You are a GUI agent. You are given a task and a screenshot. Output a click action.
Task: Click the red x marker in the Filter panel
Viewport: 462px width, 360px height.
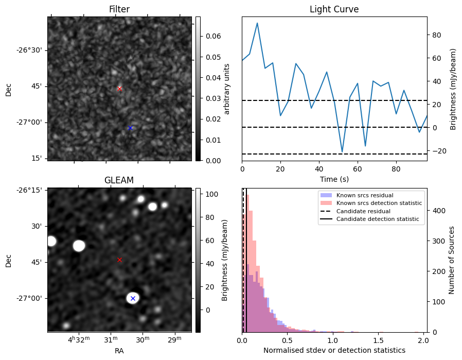tap(119, 89)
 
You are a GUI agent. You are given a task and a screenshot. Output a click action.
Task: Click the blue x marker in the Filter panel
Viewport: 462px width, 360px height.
tap(130, 128)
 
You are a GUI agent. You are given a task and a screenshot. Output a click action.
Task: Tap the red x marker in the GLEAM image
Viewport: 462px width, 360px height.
tap(119, 260)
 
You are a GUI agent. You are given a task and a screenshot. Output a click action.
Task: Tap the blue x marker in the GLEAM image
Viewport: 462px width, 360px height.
tap(133, 298)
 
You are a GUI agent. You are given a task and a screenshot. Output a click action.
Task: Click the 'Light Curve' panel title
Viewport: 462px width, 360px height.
tap(334, 10)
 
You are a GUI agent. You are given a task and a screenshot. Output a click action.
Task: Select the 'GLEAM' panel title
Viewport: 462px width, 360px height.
tap(119, 180)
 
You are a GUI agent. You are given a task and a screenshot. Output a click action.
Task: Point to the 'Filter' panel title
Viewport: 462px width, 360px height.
tap(119, 10)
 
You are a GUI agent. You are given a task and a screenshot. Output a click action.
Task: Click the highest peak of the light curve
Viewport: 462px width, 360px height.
tap(257, 23)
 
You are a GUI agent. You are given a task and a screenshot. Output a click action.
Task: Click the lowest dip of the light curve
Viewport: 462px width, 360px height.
tap(342, 152)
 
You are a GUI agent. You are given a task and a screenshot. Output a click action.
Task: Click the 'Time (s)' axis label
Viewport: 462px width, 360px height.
tap(334, 179)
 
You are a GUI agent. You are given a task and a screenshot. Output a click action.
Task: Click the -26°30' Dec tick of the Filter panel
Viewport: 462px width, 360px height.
tap(31, 50)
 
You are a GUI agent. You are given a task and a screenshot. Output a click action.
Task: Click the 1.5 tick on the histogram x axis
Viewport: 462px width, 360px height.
tap(378, 340)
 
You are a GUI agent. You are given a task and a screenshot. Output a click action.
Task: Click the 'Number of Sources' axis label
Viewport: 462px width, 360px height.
tap(452, 260)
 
